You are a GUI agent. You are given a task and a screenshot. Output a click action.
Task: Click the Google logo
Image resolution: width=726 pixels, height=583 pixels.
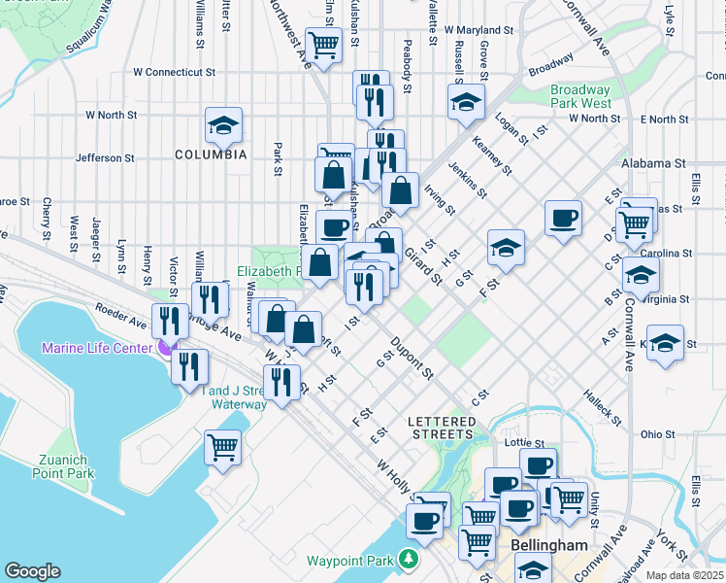[x=32, y=571]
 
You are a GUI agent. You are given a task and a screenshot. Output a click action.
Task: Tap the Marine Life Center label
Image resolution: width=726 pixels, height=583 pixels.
[x=95, y=348]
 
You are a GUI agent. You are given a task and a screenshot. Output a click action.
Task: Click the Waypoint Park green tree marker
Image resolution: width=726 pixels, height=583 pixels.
[x=410, y=561]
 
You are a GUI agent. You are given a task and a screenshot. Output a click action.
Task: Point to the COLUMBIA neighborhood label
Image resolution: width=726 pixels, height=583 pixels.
[x=211, y=154]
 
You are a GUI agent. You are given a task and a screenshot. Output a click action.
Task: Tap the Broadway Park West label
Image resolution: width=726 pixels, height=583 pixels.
[x=580, y=96]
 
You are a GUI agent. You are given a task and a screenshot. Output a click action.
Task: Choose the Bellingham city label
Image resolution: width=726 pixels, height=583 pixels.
[x=549, y=546]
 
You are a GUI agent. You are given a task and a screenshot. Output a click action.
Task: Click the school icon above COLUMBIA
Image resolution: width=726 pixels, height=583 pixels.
[x=223, y=125]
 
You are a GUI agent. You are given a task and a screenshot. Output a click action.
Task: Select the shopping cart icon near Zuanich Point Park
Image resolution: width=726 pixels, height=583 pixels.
[x=223, y=448]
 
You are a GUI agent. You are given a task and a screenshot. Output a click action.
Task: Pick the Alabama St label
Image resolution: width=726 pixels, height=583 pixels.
[x=654, y=163]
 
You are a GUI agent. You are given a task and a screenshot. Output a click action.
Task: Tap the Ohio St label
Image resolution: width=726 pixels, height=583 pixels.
[x=657, y=434]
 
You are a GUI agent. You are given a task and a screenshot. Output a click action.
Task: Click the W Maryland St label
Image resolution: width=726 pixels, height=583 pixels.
[x=478, y=30]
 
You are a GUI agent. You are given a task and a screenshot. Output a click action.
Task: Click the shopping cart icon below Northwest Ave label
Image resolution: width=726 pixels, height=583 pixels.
[x=323, y=43]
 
